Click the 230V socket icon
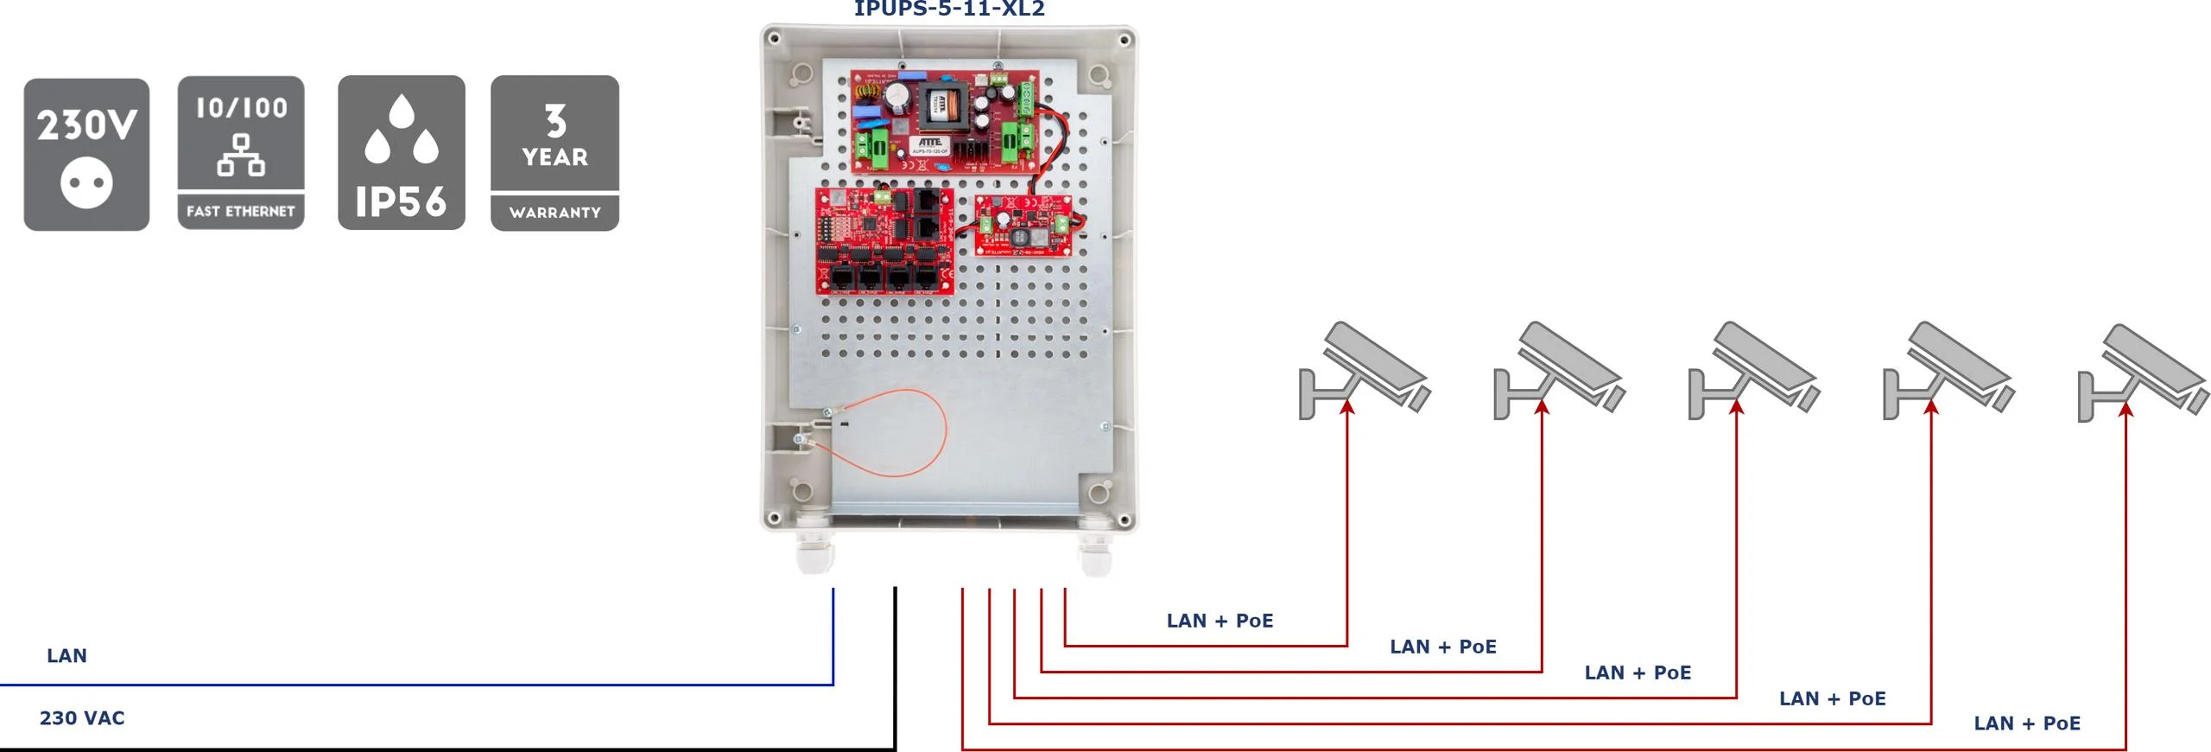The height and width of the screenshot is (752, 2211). (86, 154)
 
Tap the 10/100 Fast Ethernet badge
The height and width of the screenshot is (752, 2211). (241, 152)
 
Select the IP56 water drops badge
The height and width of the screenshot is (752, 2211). (401, 152)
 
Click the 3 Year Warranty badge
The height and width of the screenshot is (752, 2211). (554, 152)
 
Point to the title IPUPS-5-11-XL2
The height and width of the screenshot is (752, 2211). (949, 9)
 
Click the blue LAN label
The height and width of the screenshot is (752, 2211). (67, 655)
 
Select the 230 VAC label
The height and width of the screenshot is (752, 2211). (82, 717)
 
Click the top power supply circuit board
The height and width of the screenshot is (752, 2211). (943, 121)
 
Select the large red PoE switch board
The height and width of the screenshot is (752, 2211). (885, 241)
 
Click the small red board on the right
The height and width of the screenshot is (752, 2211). (1023, 225)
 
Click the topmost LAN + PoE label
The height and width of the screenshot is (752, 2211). (1220, 621)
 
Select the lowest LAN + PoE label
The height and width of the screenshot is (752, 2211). (2026, 723)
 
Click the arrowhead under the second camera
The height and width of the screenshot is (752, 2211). (1542, 407)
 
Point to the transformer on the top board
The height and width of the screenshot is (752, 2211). (941, 105)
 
